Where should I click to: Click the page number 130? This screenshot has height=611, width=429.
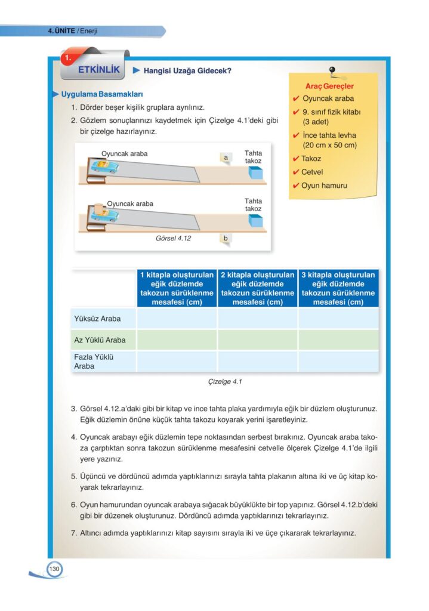coord(54,569)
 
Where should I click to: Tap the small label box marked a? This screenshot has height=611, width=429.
coord(226,158)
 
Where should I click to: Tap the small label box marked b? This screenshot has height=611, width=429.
coord(226,239)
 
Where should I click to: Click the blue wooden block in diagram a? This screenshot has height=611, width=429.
coord(255,174)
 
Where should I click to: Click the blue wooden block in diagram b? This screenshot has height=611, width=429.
coord(255,221)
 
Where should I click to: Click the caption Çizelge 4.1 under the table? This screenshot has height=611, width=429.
coord(224,381)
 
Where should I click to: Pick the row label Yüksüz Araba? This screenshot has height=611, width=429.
coord(97,318)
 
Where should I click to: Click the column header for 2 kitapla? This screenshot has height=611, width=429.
coord(258,289)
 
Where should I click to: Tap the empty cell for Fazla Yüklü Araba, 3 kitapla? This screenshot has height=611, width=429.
coord(338,362)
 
